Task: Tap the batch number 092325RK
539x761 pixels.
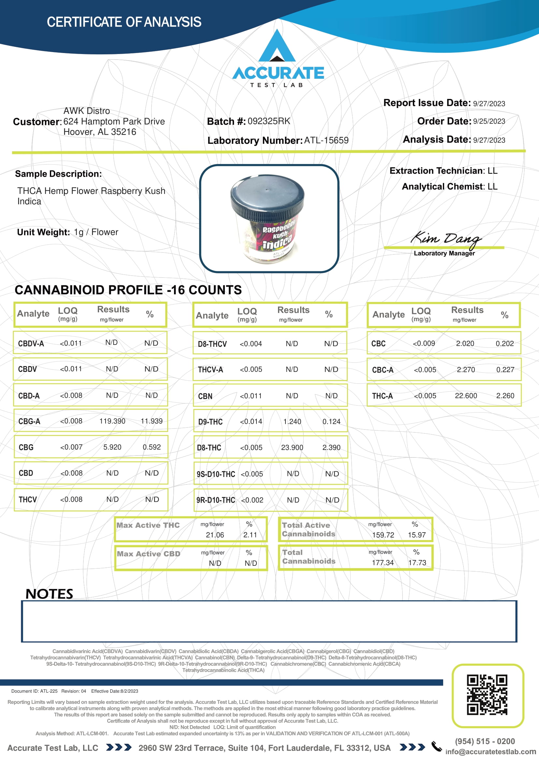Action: tap(269, 121)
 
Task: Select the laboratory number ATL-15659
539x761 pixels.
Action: tap(326, 141)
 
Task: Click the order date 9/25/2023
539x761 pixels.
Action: tap(489, 122)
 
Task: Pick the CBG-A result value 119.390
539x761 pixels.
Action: tap(112, 421)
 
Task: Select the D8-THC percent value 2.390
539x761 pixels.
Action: tap(331, 448)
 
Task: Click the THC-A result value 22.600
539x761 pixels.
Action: tap(466, 396)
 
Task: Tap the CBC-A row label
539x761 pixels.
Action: tap(382, 370)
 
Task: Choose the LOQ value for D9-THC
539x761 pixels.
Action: tap(251, 422)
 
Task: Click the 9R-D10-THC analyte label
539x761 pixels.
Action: tap(215, 500)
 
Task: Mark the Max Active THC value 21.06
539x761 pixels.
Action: tap(215, 535)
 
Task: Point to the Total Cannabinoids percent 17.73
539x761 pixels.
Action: tap(417, 563)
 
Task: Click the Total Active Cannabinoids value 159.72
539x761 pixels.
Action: tap(383, 535)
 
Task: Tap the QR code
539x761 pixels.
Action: tap(487, 695)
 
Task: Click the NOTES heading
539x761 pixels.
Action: tap(49, 594)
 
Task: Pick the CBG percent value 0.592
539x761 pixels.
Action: tap(152, 447)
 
